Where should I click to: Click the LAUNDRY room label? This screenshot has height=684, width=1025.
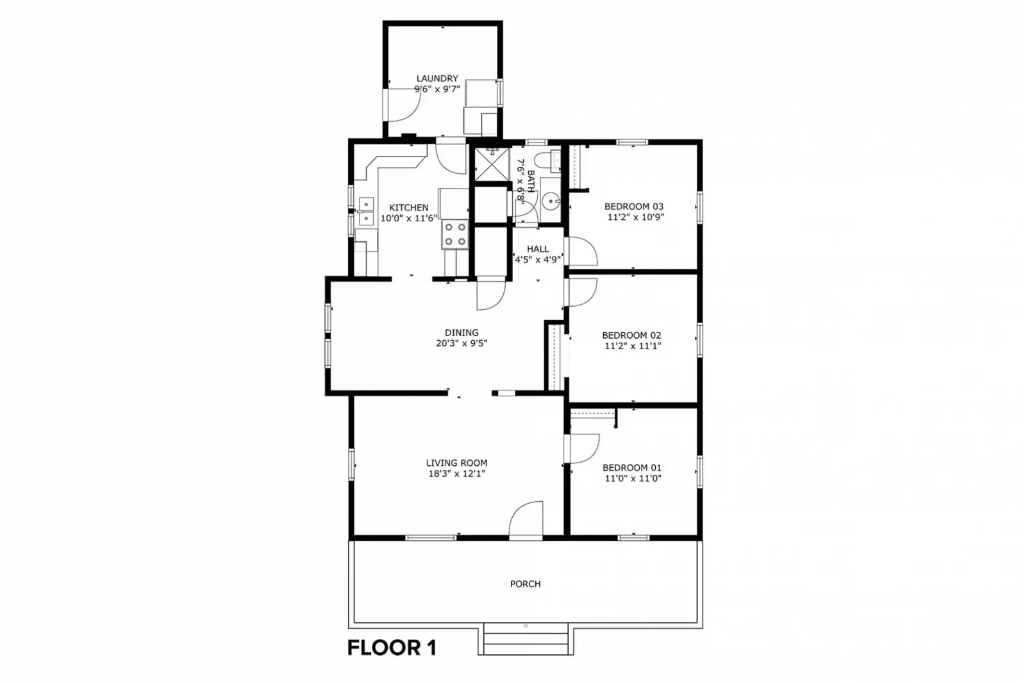[x=437, y=78]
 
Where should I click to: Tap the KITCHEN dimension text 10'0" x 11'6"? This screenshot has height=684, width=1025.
[x=409, y=218]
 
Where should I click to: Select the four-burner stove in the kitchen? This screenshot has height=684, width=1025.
[x=455, y=234]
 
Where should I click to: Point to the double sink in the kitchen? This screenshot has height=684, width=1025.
[x=366, y=211]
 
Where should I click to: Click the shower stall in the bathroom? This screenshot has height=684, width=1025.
[x=492, y=164]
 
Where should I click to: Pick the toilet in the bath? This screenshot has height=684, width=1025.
[x=547, y=162]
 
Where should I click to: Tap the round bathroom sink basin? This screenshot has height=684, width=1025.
[x=551, y=201]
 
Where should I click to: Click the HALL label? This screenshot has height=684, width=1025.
[x=538, y=249]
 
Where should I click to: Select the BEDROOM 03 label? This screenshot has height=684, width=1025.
[x=634, y=206]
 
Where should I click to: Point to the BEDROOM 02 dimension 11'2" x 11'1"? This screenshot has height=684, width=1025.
[x=633, y=346]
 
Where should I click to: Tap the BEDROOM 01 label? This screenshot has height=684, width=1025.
[x=632, y=468]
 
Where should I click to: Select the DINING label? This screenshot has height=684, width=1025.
[x=462, y=332]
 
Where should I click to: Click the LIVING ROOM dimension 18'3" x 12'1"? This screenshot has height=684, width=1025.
[x=456, y=474]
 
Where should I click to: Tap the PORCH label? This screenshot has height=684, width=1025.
[x=525, y=584]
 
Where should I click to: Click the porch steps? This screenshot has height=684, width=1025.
[x=526, y=639]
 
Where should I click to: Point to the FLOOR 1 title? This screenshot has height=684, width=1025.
[x=392, y=648]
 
